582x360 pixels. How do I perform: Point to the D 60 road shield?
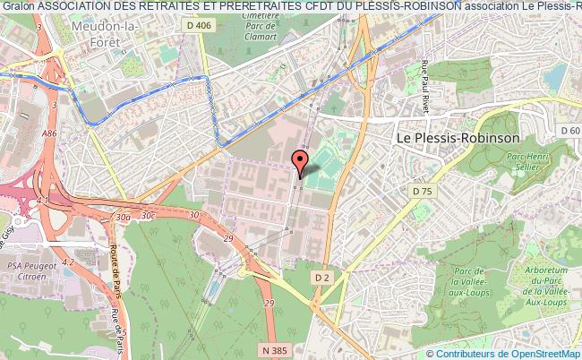(570, 131)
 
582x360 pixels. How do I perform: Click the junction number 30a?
(123, 217)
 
